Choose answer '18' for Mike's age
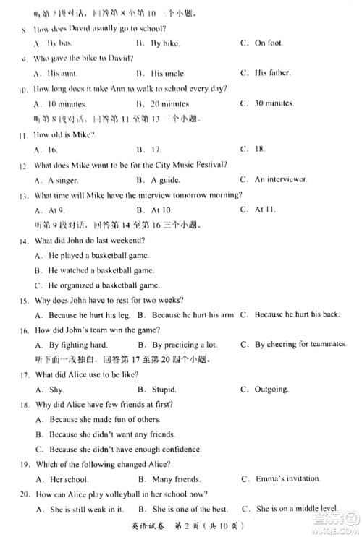(261, 149)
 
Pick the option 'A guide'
(159, 179)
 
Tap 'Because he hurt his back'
(291, 314)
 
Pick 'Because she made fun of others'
(93, 419)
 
